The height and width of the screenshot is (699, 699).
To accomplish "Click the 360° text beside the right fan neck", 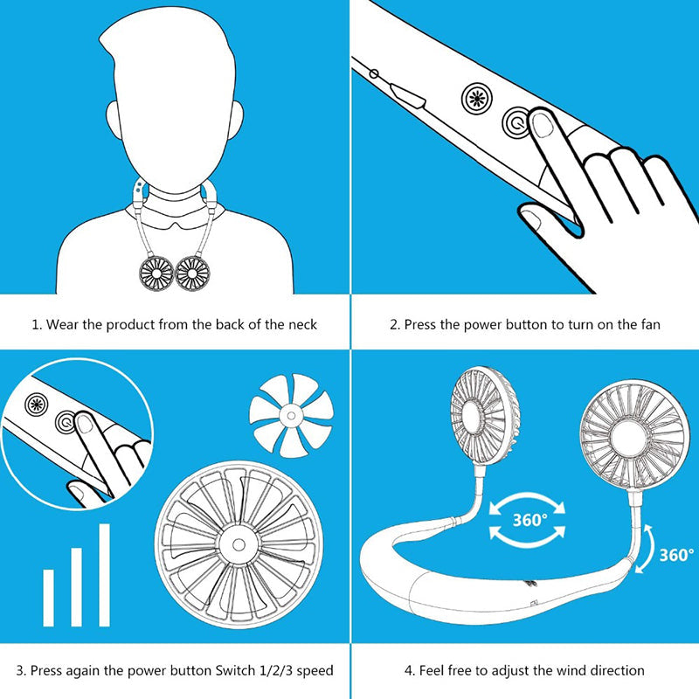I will (675, 554).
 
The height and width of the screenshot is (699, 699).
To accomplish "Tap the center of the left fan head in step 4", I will (484, 412).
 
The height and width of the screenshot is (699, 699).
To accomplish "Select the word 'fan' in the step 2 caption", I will (649, 324).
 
